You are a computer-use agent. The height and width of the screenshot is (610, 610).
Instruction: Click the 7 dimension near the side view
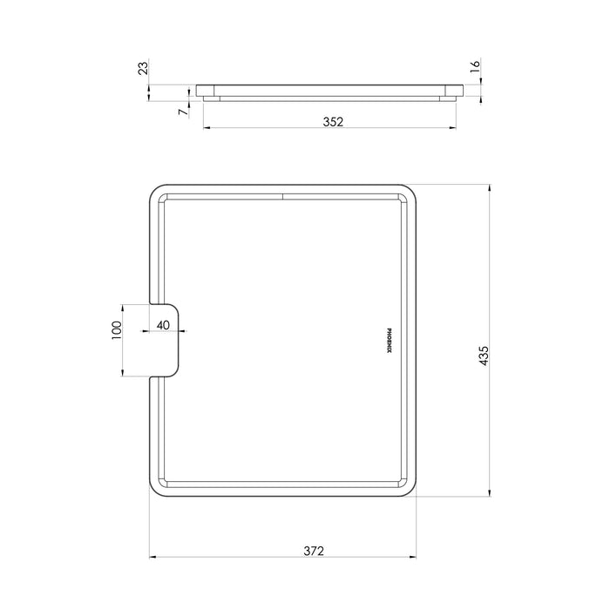(182, 111)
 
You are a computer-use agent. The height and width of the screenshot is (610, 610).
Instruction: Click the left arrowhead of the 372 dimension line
(152, 555)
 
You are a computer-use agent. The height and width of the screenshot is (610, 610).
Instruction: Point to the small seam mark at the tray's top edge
(282, 194)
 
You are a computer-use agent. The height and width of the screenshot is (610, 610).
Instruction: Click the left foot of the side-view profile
(212, 98)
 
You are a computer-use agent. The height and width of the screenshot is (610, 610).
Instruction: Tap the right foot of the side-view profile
(447, 98)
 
